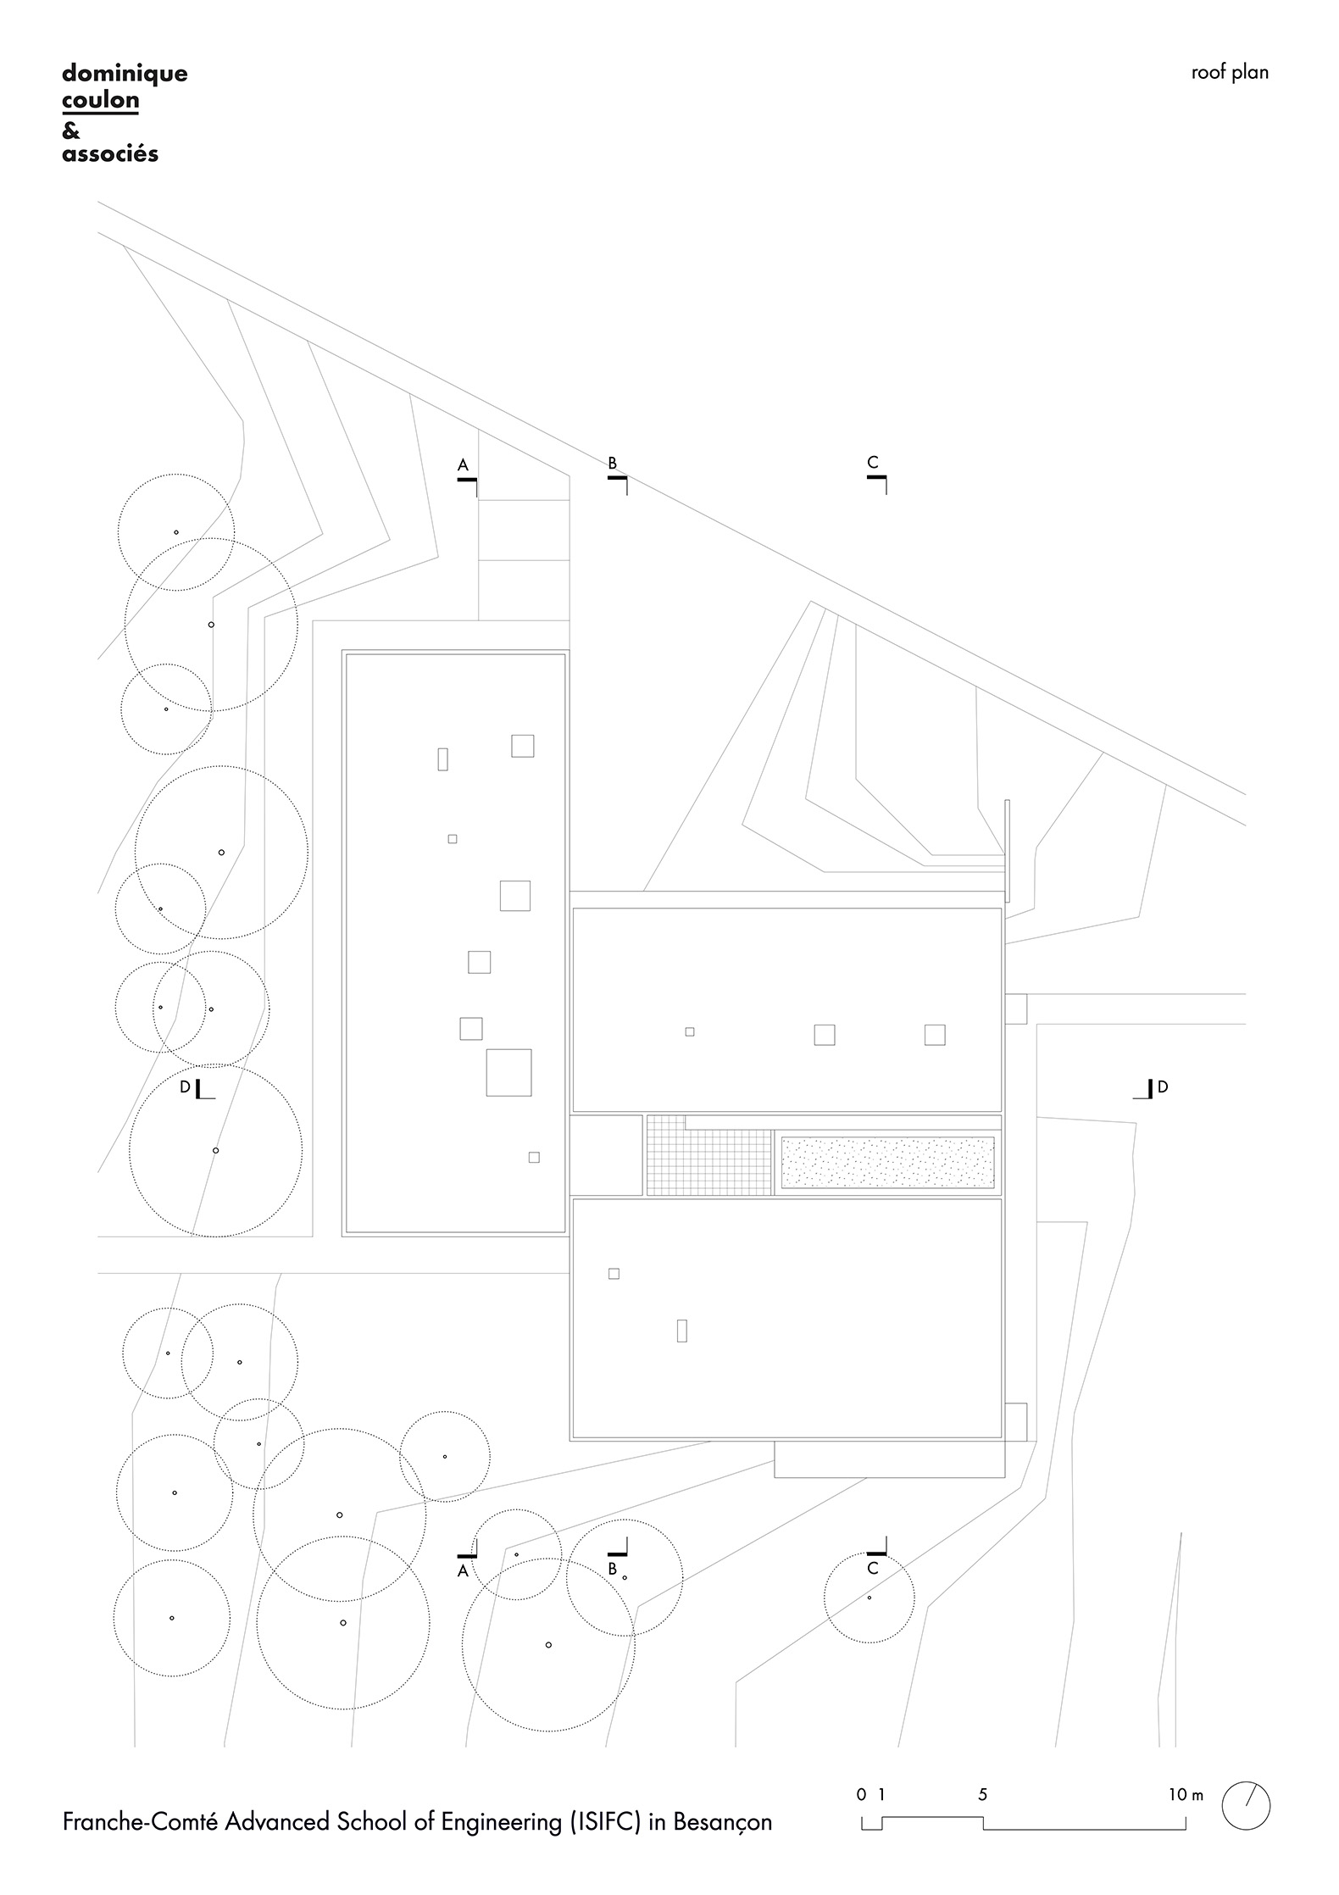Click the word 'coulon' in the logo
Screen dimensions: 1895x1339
(x=100, y=101)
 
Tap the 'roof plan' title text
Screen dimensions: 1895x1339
(x=1229, y=73)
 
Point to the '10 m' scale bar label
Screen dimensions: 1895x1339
(x=1185, y=1794)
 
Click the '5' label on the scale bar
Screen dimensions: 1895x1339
(x=982, y=1794)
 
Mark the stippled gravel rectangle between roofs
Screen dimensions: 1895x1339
(x=886, y=1162)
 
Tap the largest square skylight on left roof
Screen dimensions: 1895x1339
(x=508, y=1072)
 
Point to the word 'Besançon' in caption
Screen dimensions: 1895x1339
(x=722, y=1822)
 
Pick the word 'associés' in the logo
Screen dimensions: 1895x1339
(x=110, y=155)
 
